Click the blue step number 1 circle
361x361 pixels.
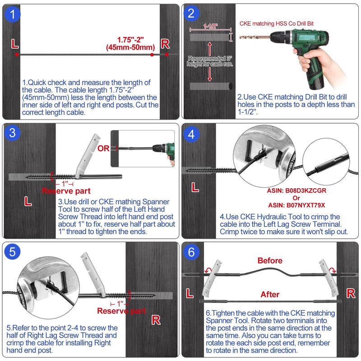point(13,14)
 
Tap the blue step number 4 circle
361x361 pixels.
point(191,134)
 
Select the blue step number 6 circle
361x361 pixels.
point(191,252)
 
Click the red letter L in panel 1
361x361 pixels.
point(15,44)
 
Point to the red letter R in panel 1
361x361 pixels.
point(165,44)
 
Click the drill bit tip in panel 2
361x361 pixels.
point(240,37)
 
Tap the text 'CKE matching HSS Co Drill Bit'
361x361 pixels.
point(277,23)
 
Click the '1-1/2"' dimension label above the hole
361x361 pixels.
point(210,26)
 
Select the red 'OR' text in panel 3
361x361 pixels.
point(103,148)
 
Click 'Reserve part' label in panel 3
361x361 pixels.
point(66,191)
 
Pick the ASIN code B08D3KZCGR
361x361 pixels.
point(296,190)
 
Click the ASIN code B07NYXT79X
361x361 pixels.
point(296,205)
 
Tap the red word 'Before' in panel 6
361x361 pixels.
point(270,261)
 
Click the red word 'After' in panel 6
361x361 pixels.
point(270,294)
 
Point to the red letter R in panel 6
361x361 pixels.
point(351,294)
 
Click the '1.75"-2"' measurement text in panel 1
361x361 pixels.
point(130,40)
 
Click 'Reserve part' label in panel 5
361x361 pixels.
point(121,311)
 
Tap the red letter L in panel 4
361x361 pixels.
point(195,187)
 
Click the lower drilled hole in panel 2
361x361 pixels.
point(211,86)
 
